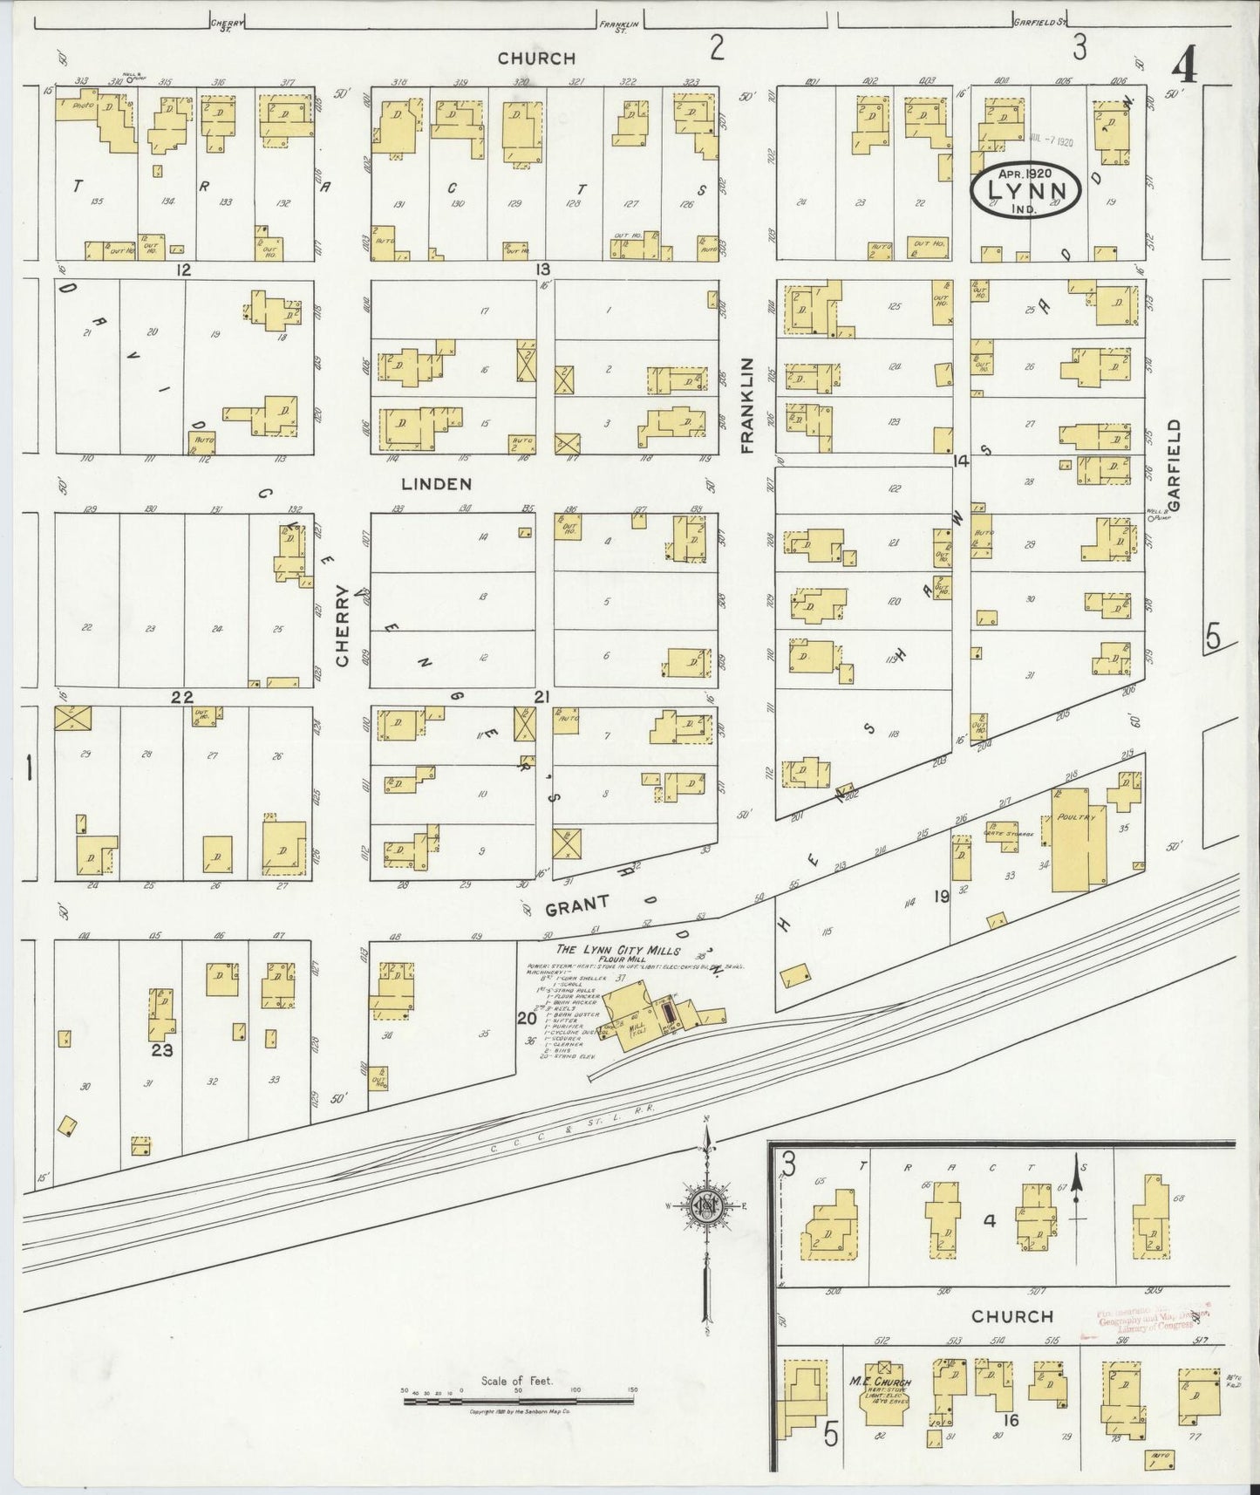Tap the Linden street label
(436, 483)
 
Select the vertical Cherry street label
(342, 625)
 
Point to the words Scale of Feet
(516, 1380)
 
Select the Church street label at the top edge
(536, 58)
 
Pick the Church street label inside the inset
(1011, 1315)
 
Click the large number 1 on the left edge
(29, 769)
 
